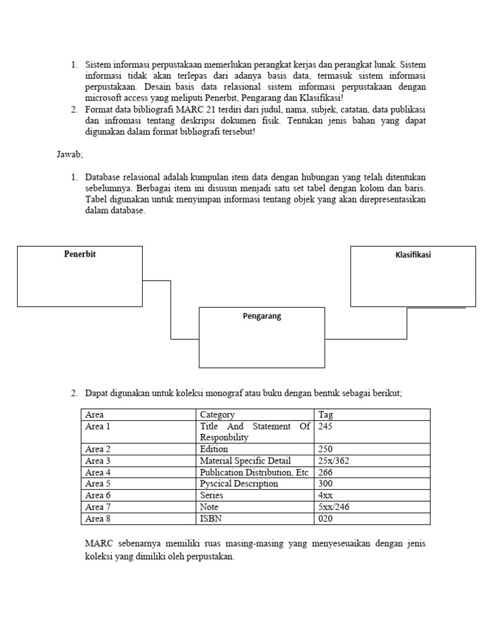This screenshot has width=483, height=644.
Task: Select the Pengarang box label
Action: (x=262, y=316)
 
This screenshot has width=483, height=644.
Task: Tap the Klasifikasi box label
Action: (x=413, y=255)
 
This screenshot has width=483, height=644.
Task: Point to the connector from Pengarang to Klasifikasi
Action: (x=407, y=324)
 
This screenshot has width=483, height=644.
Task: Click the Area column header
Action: (x=94, y=414)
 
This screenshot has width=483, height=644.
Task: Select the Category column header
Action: (x=217, y=414)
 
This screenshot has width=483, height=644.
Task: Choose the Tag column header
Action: (x=326, y=414)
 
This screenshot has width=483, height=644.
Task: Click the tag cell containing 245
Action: (x=326, y=426)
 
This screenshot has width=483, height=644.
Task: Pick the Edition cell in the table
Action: (x=214, y=449)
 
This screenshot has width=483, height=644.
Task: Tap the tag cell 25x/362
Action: (x=334, y=461)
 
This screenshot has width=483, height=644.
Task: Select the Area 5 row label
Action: (x=97, y=484)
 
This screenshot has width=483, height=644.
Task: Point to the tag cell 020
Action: (x=326, y=519)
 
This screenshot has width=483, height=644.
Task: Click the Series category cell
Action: (x=213, y=496)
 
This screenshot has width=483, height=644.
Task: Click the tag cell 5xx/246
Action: (x=334, y=507)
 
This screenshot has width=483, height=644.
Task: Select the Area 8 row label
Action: (x=97, y=519)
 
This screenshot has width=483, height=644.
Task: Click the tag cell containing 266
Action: (x=326, y=472)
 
